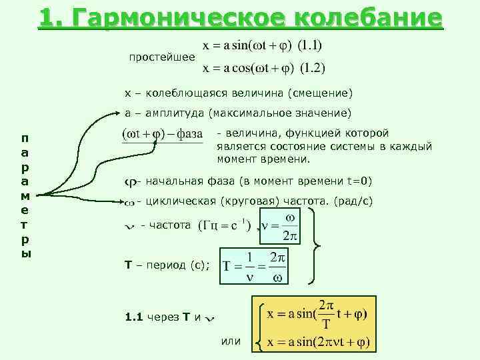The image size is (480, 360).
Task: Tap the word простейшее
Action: coord(162,57)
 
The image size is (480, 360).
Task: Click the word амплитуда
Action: coord(172,111)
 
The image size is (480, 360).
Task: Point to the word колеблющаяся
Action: coord(177,92)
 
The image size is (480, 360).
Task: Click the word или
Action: coord(230,341)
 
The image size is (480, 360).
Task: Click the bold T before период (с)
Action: coord(129,265)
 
